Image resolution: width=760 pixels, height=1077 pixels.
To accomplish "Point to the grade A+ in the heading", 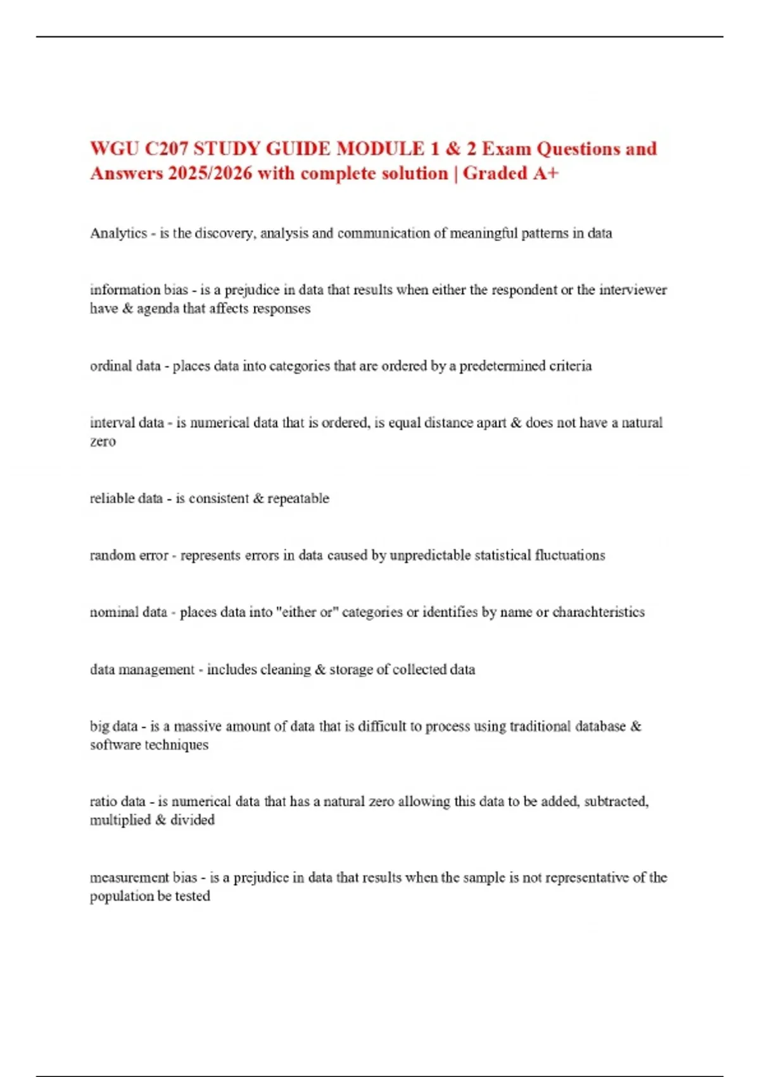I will (545, 174).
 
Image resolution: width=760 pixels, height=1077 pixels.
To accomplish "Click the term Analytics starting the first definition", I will (118, 233).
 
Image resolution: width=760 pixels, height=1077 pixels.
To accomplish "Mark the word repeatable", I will (298, 499).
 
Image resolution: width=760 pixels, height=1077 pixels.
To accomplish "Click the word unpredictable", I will (430, 556).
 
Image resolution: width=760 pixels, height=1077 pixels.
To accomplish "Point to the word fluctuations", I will (570, 556).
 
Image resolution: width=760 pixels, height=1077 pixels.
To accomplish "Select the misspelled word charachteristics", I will (598, 612).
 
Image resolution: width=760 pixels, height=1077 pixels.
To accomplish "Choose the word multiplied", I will (119, 820).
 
